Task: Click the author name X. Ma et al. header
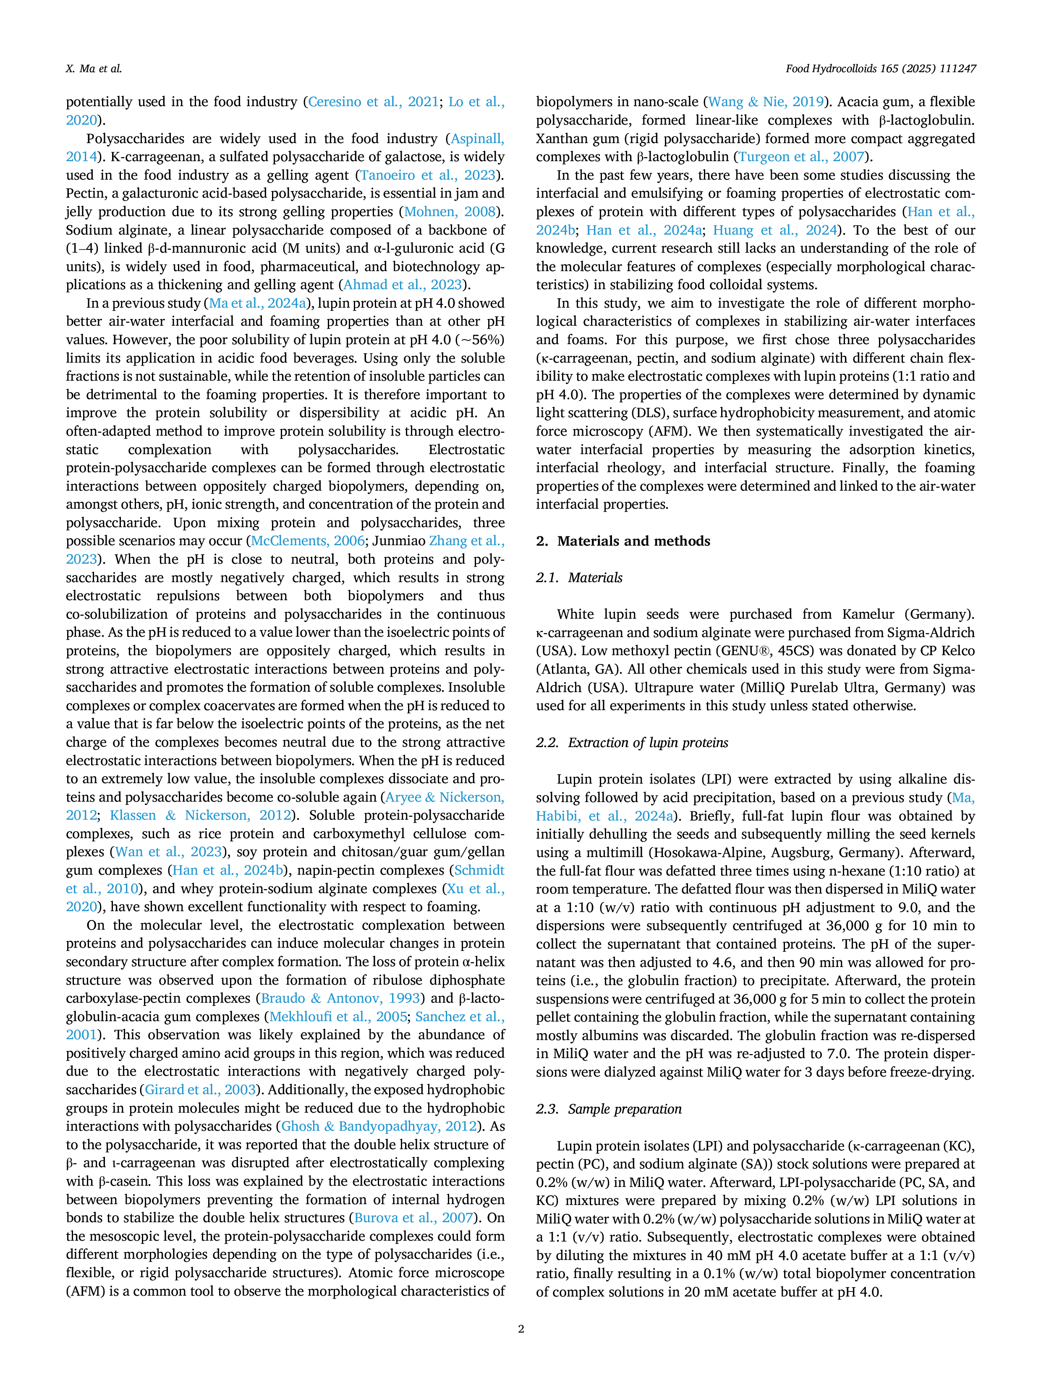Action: tap(94, 69)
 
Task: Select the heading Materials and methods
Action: tap(623, 541)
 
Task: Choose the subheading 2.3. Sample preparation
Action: tap(609, 1109)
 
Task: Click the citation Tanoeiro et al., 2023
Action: tap(428, 175)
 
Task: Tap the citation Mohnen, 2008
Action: tap(450, 212)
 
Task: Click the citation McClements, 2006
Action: tap(307, 541)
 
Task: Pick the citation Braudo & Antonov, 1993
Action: tap(343, 999)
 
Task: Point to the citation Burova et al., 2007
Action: tap(413, 1218)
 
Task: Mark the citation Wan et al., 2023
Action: tap(168, 852)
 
